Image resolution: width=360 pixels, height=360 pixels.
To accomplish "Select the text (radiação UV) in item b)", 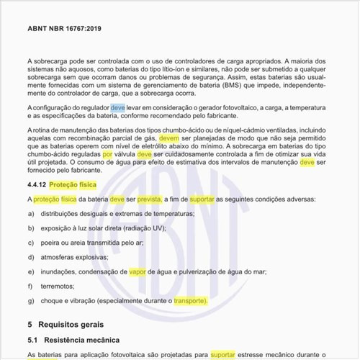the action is click(x=144, y=228).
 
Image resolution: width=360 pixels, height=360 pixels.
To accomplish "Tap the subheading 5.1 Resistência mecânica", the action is click(x=73, y=339).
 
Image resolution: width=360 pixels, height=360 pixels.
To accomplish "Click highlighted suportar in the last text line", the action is click(x=223, y=355).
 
